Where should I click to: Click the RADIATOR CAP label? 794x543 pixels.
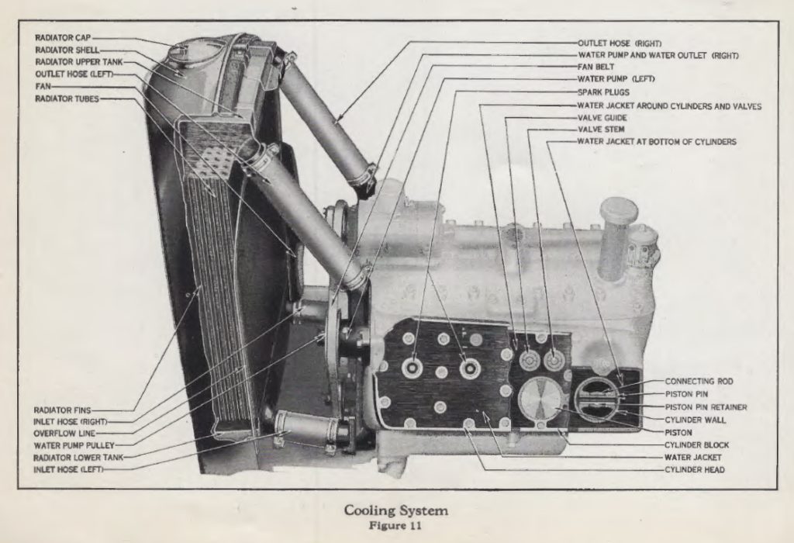(x=64, y=37)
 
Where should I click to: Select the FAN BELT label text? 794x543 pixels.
(x=596, y=67)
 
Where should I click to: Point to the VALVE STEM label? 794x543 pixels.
(x=601, y=130)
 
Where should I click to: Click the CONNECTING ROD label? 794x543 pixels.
(x=699, y=382)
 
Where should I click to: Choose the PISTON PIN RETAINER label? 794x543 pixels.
(x=706, y=406)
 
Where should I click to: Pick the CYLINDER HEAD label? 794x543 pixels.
(x=695, y=469)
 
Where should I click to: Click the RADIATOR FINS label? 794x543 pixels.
(x=63, y=410)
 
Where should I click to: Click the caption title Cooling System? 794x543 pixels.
(x=396, y=510)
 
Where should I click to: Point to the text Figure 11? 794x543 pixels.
(x=396, y=524)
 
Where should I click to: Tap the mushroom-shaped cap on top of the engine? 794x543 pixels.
(x=618, y=210)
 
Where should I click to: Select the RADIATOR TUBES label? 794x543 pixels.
(x=67, y=99)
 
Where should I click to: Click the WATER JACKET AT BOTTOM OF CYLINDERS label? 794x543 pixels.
(x=657, y=142)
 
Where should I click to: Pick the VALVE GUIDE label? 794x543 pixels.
(x=602, y=118)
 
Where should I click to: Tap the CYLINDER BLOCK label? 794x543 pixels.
(x=696, y=444)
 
